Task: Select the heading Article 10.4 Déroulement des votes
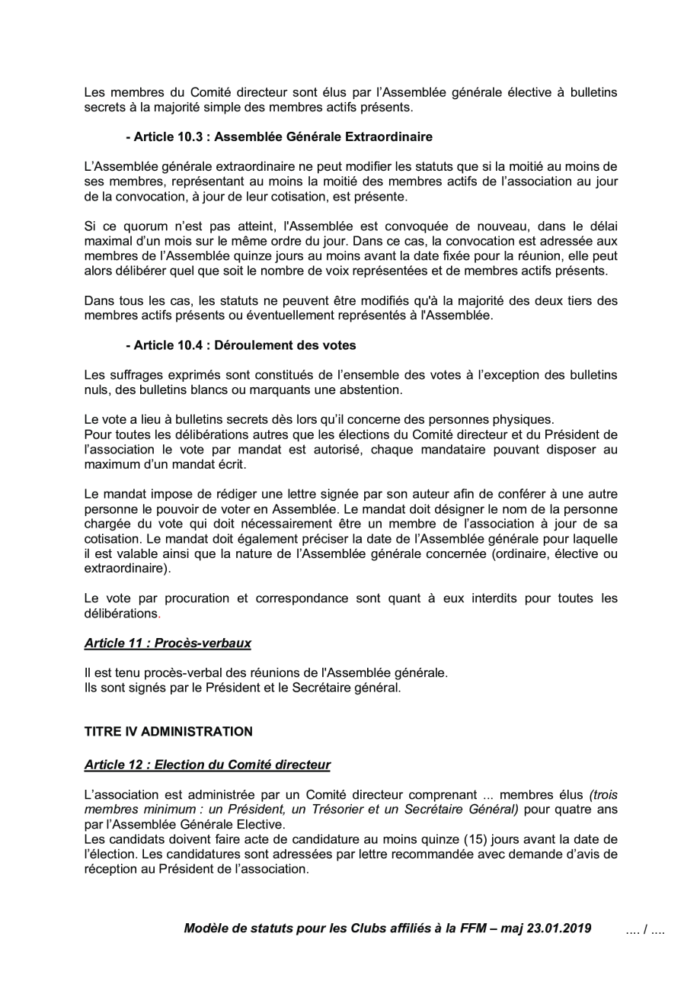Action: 241,345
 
